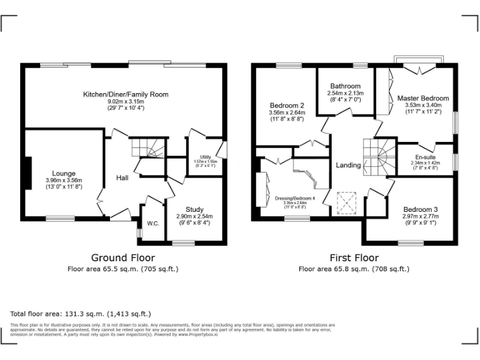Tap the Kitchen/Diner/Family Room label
[x=126, y=94]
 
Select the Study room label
[x=194, y=210]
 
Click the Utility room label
[x=205, y=156]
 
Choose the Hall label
[x=122, y=178]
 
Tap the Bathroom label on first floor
[x=345, y=86]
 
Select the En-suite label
[x=425, y=156]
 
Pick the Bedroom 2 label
[x=287, y=105]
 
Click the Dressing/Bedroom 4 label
[x=295, y=198]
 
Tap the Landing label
[x=348, y=165]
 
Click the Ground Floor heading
[x=123, y=257]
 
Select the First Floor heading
[x=354, y=257]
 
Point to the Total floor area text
[x=81, y=314]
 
